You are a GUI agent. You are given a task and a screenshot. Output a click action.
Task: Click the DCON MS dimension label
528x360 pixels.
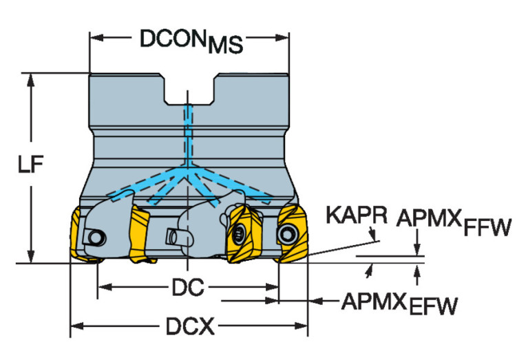click(191, 41)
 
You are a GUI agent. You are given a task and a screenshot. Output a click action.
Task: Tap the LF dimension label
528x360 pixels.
click(31, 165)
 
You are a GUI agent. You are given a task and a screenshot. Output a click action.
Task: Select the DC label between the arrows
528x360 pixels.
click(187, 288)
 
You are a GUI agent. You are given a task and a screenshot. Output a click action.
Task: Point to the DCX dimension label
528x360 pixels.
click(187, 326)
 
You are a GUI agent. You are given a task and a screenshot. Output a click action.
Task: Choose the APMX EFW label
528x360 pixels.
click(399, 302)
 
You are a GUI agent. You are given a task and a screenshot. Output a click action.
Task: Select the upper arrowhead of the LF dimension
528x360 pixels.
click(31, 78)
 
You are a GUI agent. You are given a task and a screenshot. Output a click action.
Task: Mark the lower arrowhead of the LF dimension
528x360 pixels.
click(31, 256)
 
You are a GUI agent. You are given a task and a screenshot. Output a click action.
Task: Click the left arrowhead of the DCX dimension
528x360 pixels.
click(75, 325)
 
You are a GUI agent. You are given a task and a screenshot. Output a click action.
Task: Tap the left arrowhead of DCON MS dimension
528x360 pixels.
click(95, 36)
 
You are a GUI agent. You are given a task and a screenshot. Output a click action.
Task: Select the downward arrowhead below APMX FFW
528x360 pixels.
click(417, 249)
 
